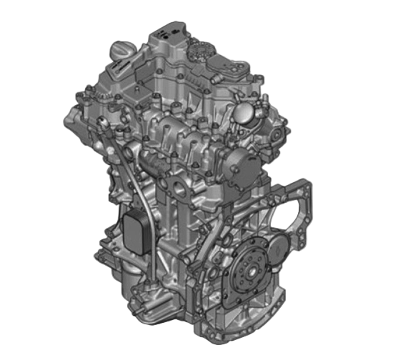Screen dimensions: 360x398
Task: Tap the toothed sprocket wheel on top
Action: (202, 51)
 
